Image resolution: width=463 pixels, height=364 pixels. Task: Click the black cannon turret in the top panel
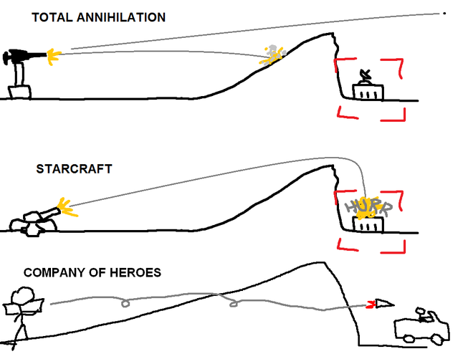tap(22, 56)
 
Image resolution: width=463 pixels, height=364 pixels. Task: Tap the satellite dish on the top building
tap(366, 75)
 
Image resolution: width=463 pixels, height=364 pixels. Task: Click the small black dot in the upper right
tap(444, 13)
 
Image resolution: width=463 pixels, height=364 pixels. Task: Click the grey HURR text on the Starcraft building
tap(366, 207)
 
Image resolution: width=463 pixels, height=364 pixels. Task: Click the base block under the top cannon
tap(19, 91)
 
